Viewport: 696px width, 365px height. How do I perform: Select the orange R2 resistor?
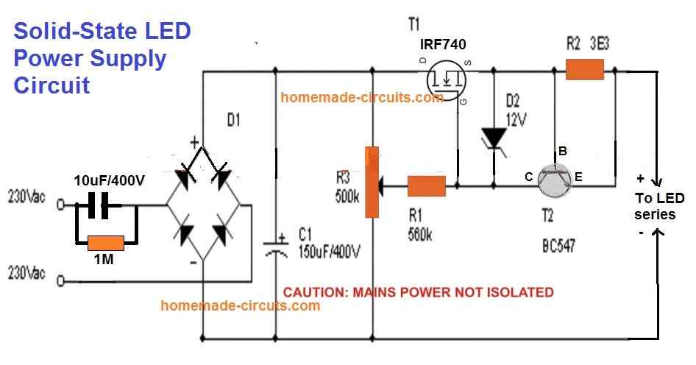coord(585,70)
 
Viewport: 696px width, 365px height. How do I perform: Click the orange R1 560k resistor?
coord(427,186)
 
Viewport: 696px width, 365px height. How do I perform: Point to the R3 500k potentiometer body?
coord(373,182)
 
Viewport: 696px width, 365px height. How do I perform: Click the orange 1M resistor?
coord(106,241)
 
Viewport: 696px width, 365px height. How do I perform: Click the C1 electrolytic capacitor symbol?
coord(277,245)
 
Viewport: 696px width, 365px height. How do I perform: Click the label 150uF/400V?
coord(330,252)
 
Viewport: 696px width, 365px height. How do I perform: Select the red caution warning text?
coord(418,292)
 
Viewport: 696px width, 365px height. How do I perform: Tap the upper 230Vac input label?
coord(26,197)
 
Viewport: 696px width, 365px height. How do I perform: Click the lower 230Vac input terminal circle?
coord(63,280)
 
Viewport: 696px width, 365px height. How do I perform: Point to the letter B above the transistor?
coord(563,151)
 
